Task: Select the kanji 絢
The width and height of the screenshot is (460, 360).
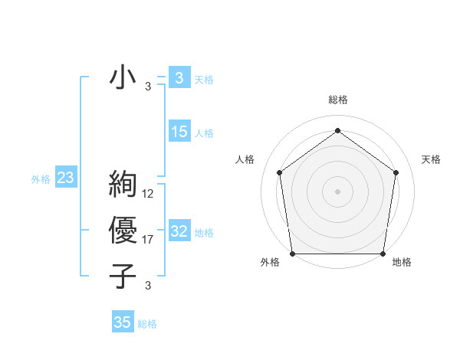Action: click(123, 185)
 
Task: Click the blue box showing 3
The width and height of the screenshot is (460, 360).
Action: click(179, 77)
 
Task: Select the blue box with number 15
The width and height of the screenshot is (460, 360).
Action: click(179, 132)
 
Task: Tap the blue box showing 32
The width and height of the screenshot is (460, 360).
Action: click(179, 231)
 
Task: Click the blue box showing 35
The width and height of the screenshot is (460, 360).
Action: click(122, 322)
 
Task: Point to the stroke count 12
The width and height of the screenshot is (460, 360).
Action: click(148, 194)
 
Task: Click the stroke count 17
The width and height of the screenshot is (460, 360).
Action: click(148, 240)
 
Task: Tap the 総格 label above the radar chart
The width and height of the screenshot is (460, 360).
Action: click(337, 100)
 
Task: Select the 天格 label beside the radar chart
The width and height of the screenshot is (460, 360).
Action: click(431, 159)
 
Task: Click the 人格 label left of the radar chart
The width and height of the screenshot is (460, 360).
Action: click(245, 159)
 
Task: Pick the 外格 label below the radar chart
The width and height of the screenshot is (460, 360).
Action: click(270, 262)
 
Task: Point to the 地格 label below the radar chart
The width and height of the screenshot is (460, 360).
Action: click(402, 262)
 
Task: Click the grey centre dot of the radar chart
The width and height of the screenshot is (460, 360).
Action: click(337, 191)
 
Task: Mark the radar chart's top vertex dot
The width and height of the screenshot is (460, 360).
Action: click(337, 130)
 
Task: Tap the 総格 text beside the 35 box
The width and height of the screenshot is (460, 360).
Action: click(147, 324)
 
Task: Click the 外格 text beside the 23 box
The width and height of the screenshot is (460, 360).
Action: click(41, 179)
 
